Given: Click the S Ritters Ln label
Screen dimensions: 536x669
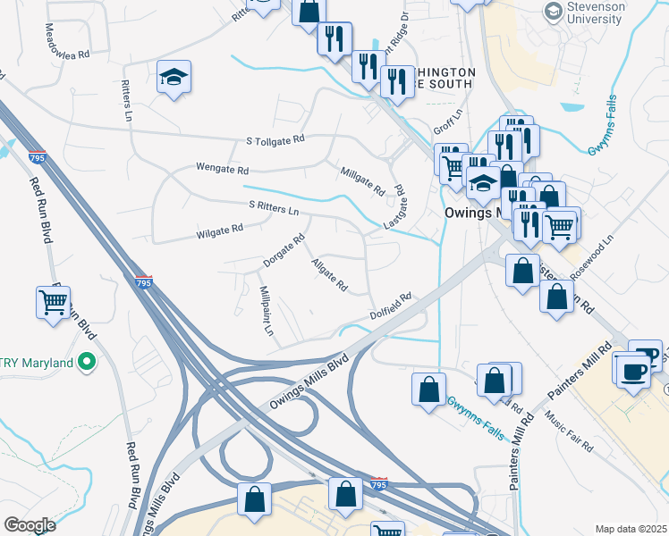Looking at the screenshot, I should [274, 208].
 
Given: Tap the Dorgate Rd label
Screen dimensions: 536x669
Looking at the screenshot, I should [284, 250].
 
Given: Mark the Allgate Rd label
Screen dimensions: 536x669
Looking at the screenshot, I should [329, 274].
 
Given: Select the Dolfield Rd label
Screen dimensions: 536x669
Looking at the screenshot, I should [391, 306].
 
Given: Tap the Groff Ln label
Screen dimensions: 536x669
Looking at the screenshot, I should [446, 121].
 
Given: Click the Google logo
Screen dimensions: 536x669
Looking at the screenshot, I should [30, 524].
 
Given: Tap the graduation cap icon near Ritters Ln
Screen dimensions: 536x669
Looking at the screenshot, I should [174, 78].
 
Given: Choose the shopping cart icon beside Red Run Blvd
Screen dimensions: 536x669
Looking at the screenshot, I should [54, 304].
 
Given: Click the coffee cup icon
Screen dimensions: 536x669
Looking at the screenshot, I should [634, 372].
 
